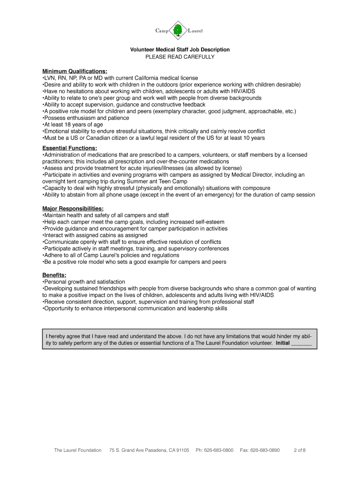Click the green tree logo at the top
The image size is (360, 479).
point(178,31)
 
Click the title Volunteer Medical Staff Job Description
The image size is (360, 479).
point(180,50)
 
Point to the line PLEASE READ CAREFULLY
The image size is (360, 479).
point(180,57)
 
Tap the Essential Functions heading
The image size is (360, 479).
point(70,148)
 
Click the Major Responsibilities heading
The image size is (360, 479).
point(73,208)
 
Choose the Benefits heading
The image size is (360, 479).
point(54,275)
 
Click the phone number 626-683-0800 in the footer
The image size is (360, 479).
point(214,450)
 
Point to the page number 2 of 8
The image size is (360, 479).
point(300,450)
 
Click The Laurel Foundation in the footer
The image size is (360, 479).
point(78,450)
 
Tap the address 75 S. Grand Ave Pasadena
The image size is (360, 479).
point(149,450)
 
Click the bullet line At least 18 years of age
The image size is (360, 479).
point(72,125)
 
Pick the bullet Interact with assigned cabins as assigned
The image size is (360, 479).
point(95,235)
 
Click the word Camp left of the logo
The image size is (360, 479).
point(162,31)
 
